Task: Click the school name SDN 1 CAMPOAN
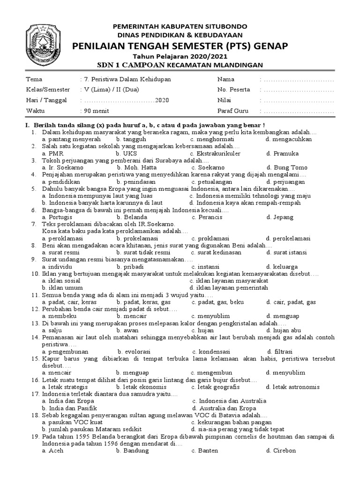[x=130, y=65]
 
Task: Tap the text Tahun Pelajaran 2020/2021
[x=180, y=56]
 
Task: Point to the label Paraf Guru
[x=232, y=111]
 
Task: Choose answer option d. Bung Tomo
[x=287, y=168]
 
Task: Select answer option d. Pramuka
[x=282, y=153]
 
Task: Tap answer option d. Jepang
[x=280, y=217]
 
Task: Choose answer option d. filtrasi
[x=280, y=352]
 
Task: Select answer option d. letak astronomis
[x=292, y=387]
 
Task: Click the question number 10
[x=35, y=273]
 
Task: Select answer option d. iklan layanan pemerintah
[x=228, y=287]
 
